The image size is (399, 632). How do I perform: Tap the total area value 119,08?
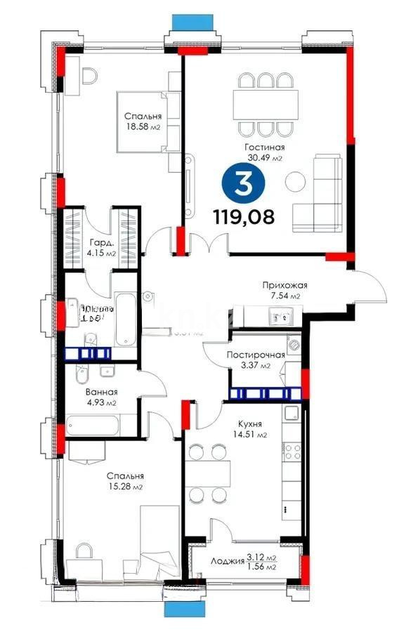244,216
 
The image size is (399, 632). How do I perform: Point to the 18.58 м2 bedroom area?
143,127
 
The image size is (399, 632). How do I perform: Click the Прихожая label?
285,285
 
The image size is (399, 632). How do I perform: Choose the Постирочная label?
255,355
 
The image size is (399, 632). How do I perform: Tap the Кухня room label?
249,425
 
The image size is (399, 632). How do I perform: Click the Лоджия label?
226,561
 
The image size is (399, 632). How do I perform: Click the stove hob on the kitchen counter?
292,449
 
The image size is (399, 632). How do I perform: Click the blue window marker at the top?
186,20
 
